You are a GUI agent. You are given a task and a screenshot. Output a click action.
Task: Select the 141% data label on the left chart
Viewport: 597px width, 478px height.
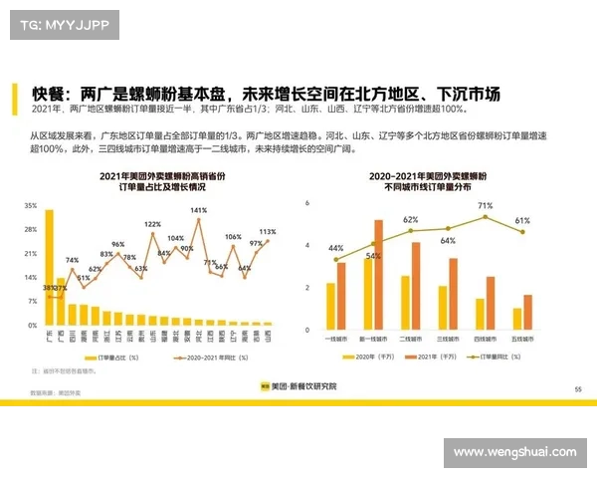tap(198, 211)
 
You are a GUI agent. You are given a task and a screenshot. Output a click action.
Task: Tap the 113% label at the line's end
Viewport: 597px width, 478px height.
tap(267, 232)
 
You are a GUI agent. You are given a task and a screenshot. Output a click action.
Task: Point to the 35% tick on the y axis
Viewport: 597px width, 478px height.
tap(31, 206)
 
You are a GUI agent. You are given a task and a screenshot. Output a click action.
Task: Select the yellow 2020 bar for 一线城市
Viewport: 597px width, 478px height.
tap(331, 307)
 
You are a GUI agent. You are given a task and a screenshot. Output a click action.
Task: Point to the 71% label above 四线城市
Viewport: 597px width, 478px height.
tap(485, 206)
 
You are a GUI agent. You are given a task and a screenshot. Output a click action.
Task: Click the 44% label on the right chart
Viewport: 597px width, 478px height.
tap(335, 249)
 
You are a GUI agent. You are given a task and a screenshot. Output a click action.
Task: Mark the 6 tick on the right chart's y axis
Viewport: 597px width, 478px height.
tap(307, 203)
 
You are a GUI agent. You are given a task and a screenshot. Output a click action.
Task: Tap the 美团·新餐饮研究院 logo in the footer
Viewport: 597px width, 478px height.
tap(298, 385)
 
